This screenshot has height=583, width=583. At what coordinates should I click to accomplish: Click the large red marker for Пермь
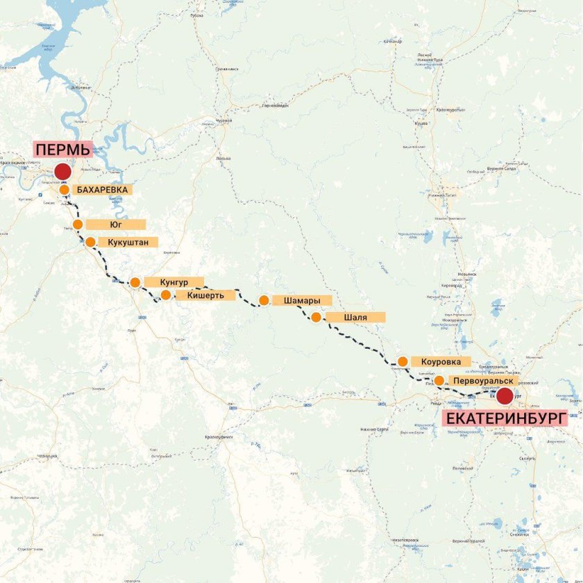tap(62, 172)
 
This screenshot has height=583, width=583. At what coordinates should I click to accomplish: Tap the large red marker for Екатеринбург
tap(504, 396)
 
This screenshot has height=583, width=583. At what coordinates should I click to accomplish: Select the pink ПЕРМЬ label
tap(62, 149)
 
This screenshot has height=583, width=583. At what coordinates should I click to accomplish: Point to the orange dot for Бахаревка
tap(64, 189)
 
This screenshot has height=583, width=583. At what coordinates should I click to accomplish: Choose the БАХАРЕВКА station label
tap(101, 189)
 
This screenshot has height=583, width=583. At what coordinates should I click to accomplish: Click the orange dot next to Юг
tap(78, 224)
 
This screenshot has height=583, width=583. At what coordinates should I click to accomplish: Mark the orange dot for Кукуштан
tap(90, 242)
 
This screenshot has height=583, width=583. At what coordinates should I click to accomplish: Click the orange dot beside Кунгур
tap(135, 282)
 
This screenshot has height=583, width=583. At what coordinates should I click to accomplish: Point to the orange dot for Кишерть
tap(166, 295)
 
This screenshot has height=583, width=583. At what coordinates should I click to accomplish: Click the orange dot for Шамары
tap(264, 300)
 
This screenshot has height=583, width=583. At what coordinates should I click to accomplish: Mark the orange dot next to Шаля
tap(316, 318)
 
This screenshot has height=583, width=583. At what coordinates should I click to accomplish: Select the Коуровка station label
tap(441, 361)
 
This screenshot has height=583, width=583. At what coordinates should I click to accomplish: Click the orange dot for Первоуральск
tap(439, 380)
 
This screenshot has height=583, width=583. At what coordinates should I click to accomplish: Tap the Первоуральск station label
tap(482, 381)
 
